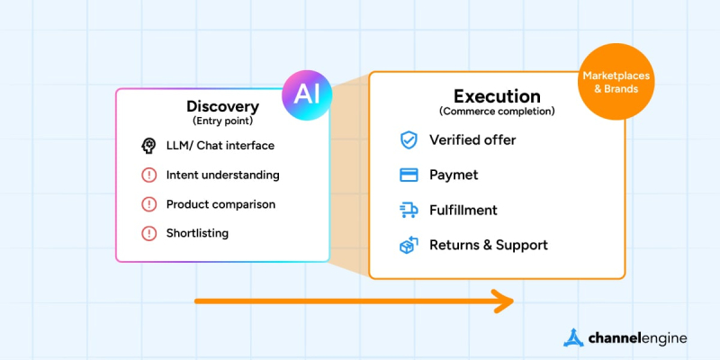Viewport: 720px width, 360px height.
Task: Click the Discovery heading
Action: point(221,106)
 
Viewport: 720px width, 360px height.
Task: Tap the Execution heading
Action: point(497,96)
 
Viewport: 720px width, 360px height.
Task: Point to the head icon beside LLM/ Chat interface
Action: point(148,146)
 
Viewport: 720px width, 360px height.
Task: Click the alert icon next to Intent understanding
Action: point(148,175)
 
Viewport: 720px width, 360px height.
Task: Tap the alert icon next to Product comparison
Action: point(148,204)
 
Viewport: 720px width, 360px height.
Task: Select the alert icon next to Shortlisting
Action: point(148,233)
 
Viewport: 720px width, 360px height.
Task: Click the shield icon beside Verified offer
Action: point(409,140)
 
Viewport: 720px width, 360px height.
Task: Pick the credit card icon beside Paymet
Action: point(409,175)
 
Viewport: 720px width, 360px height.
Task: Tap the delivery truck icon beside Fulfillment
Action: point(409,211)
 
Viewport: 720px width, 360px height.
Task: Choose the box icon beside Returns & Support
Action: point(409,245)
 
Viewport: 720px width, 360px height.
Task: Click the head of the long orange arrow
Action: point(506,301)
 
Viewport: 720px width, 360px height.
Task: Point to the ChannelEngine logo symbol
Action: point(574,338)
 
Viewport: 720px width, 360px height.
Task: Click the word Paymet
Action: point(454,175)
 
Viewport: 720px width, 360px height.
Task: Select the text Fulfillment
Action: point(463,211)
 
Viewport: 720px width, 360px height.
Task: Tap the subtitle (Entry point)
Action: point(221,121)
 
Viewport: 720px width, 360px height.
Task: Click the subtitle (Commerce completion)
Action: point(497,112)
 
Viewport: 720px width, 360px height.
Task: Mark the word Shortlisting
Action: point(197,233)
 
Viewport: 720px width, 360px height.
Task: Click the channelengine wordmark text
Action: point(637,338)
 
